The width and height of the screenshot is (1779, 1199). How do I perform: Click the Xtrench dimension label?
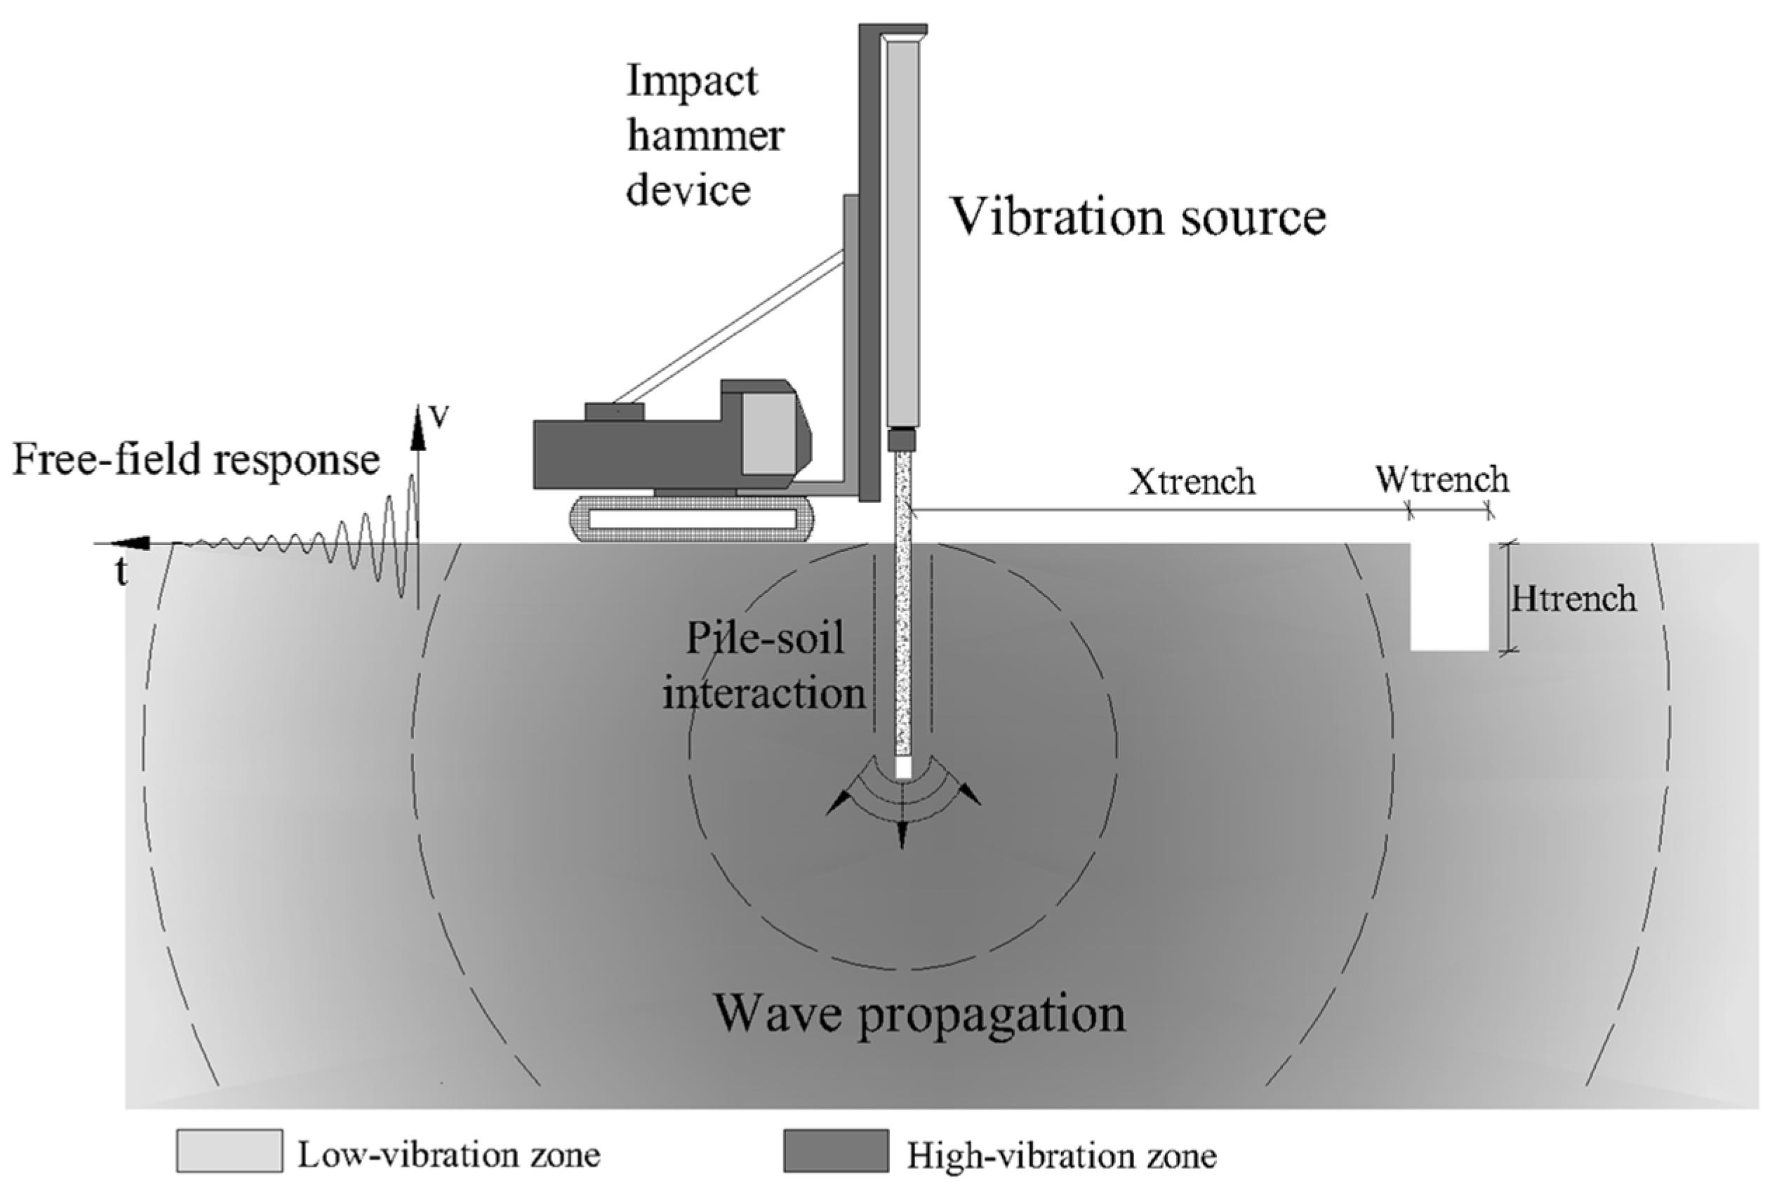(x=1192, y=483)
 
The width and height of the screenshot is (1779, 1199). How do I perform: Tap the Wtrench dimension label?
(x=1441, y=480)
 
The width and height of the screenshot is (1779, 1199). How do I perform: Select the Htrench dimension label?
(x=1573, y=598)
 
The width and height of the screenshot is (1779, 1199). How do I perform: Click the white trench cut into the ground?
(x=1449, y=596)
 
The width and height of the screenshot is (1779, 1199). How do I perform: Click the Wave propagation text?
(x=919, y=1014)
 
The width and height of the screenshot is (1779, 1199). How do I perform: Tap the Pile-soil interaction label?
(x=764, y=665)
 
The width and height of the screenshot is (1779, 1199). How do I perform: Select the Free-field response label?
(x=196, y=461)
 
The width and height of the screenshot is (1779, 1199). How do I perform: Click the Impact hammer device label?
(x=704, y=135)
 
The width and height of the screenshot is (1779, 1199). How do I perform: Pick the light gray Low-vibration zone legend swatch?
(x=229, y=1151)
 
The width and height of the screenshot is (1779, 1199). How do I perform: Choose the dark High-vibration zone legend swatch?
(x=836, y=1151)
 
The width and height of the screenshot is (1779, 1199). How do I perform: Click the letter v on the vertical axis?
(x=438, y=416)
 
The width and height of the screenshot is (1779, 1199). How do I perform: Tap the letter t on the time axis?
(x=121, y=572)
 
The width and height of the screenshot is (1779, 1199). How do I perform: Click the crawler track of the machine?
(x=691, y=518)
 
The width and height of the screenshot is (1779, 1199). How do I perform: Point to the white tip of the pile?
(x=903, y=768)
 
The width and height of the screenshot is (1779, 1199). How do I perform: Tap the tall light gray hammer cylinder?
(x=902, y=229)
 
